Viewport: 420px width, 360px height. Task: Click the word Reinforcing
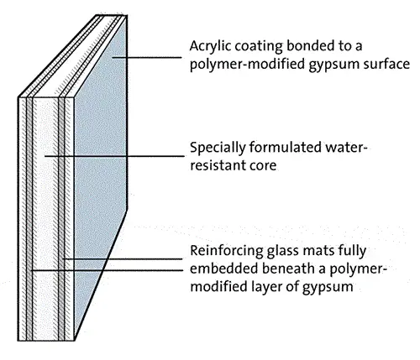(x=227, y=251)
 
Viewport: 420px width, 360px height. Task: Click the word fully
(x=353, y=251)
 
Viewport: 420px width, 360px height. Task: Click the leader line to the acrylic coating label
(x=147, y=57)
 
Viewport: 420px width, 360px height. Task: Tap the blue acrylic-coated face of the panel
(x=100, y=157)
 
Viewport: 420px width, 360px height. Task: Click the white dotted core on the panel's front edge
(x=45, y=218)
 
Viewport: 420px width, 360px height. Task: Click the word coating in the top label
(x=259, y=46)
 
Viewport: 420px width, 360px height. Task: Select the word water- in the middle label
(x=346, y=147)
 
